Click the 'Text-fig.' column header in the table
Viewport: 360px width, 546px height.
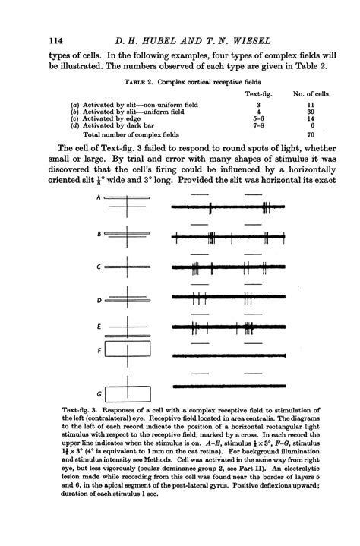click(259, 93)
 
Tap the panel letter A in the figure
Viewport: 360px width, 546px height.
click(99, 197)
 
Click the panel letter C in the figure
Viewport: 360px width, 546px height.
click(99, 267)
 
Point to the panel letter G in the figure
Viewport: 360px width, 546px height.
click(99, 393)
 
